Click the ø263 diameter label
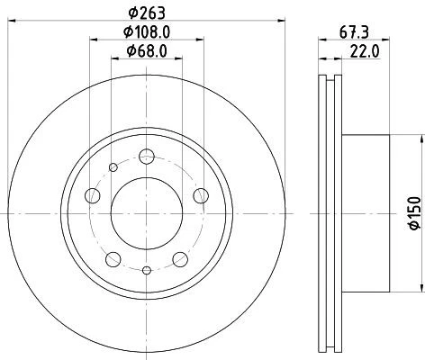(x=146, y=12)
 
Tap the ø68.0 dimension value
(x=146, y=49)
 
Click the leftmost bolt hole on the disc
(x=90, y=196)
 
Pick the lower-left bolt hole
(x=112, y=259)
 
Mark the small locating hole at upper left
(x=113, y=167)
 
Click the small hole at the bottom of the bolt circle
(x=146, y=269)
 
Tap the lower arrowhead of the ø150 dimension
(x=420, y=289)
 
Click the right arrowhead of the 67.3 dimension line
(x=388, y=39)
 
